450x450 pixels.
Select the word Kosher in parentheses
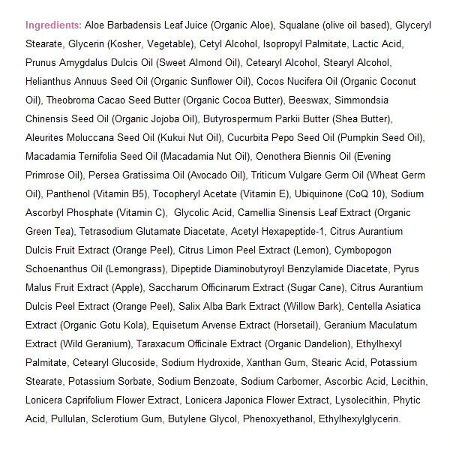pos(130,43)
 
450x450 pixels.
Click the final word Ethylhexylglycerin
pos(359,418)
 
